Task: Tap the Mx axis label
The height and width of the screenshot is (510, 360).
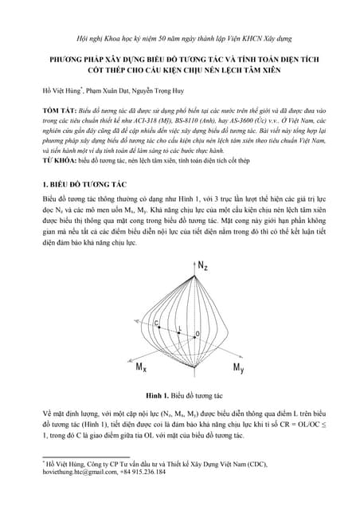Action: [141, 367]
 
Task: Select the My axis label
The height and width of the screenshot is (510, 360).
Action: [238, 367]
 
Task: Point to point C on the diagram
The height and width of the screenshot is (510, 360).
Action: [156, 321]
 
